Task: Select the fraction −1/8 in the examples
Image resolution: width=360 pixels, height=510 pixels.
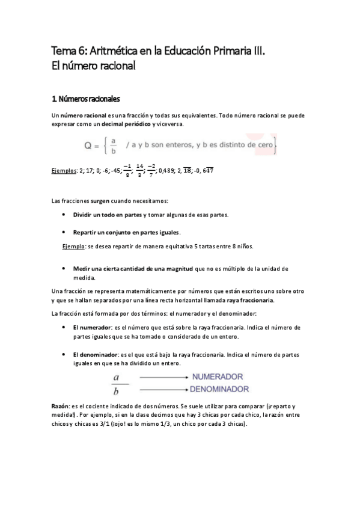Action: point(127,170)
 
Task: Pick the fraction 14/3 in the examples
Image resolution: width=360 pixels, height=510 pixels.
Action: point(140,170)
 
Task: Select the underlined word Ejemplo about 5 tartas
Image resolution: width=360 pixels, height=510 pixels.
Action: point(74,246)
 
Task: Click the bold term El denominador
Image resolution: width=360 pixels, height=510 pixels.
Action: point(96,355)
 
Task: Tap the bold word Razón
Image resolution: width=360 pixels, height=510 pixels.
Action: point(61,407)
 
